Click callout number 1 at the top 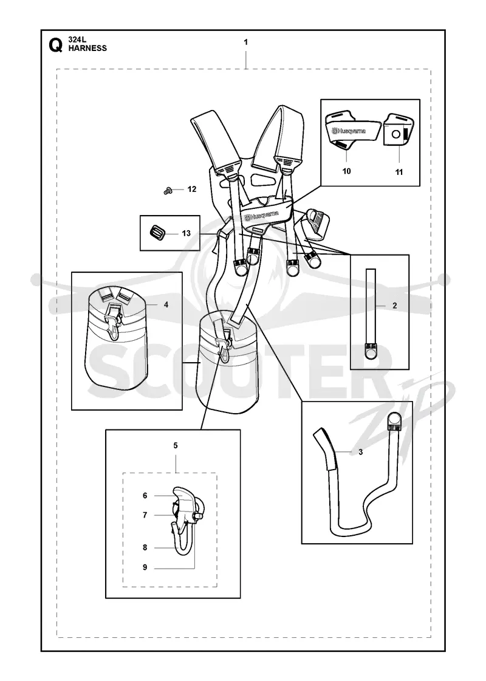246,42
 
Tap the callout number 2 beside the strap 394,306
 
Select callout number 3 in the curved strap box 360,452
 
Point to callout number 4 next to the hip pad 166,305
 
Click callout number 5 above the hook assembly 176,445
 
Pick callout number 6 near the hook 145,496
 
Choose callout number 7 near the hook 145,515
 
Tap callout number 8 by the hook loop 145,548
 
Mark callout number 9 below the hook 145,567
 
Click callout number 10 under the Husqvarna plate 347,171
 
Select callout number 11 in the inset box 399,172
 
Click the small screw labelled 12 168,190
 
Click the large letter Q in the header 56,45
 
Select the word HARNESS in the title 87,48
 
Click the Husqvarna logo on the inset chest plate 348,130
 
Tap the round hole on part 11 395,134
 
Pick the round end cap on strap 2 371,354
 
